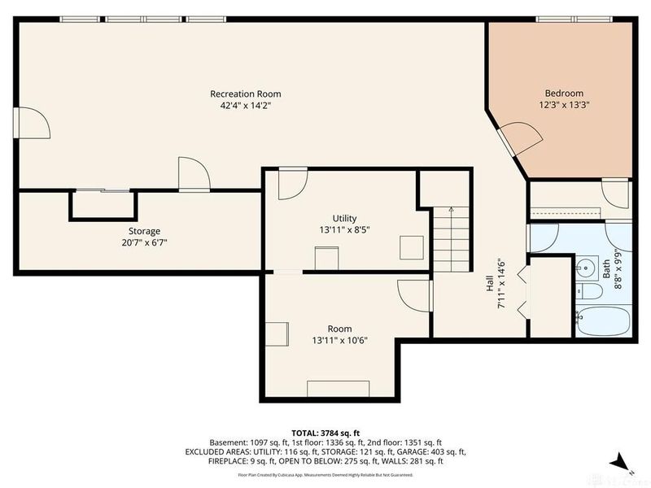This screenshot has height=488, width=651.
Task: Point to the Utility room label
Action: (x=344, y=218)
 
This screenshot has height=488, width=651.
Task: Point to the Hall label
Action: (x=490, y=283)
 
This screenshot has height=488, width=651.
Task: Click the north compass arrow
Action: (x=620, y=460)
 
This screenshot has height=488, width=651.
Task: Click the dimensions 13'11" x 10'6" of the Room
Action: (x=339, y=340)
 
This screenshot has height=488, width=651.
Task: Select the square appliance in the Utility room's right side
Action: (x=411, y=246)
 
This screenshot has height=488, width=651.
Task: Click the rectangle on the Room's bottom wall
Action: (x=338, y=388)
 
